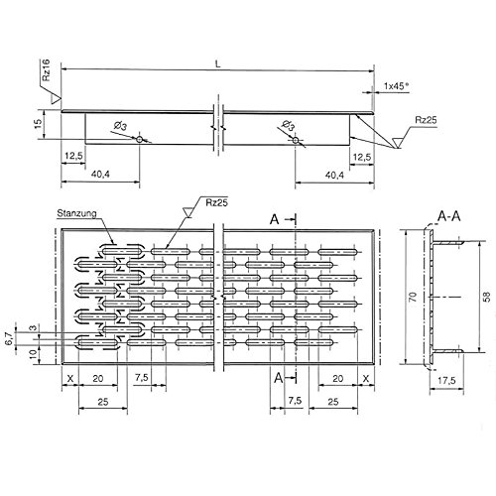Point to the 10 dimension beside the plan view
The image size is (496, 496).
(32, 351)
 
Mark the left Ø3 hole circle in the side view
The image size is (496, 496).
(140, 140)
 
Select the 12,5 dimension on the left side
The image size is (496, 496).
(72, 157)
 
